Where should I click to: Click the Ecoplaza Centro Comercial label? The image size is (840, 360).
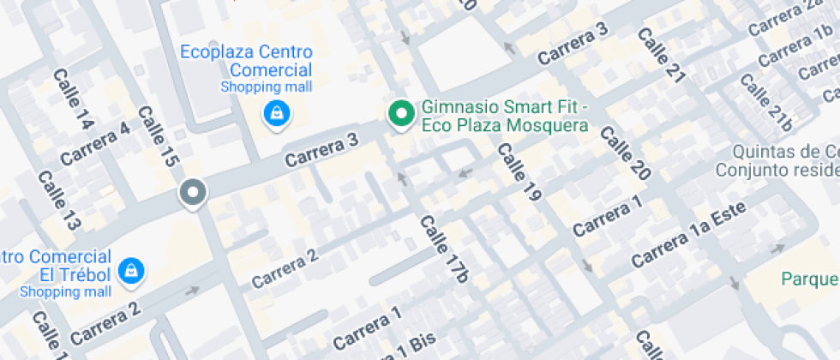246,61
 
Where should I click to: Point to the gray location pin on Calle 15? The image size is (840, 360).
192,194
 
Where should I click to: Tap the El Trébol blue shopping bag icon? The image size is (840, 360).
132,271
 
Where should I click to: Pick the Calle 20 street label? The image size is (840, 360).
625,153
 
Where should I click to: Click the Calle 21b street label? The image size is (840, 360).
765,102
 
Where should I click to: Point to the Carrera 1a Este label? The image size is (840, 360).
688,234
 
